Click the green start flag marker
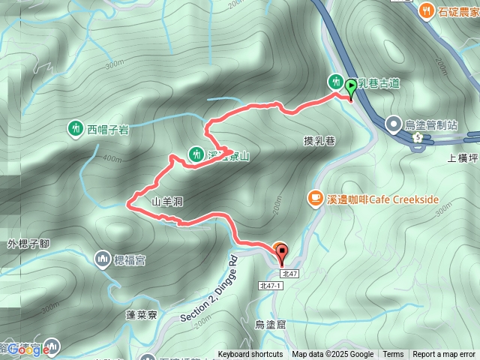[x=351, y=88]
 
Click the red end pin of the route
[x=282, y=253]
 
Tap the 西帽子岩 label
[x=108, y=129]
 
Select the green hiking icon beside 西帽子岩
[x=75, y=129]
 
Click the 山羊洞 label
[x=167, y=202]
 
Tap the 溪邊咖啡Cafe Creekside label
[x=382, y=199]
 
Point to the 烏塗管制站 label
[x=431, y=124]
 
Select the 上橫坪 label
[x=463, y=158]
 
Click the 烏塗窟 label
[x=270, y=324]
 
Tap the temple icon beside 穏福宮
[x=102, y=259]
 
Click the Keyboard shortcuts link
[x=250, y=355]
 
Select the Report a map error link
[x=444, y=355]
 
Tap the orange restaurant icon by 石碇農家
[x=427, y=10]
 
